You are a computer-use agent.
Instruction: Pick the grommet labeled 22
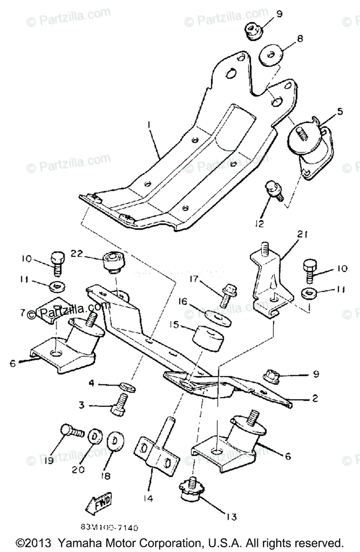(x=114, y=262)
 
